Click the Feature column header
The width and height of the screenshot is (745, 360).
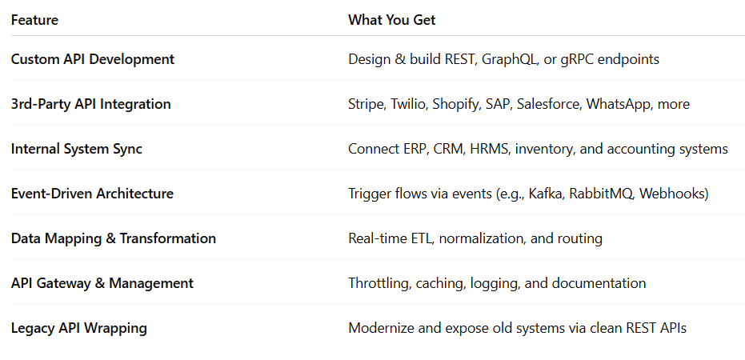click(x=34, y=20)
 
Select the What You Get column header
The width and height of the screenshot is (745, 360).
click(x=391, y=20)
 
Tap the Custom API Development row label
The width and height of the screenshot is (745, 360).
click(x=93, y=59)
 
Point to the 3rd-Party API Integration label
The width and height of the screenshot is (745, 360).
click(x=90, y=104)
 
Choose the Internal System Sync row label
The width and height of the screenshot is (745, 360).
click(x=77, y=149)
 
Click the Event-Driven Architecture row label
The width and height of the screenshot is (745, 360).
click(x=92, y=194)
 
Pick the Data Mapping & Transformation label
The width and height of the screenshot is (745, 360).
click(x=114, y=238)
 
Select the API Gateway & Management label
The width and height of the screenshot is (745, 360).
click(x=102, y=283)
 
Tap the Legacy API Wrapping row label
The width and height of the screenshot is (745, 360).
click(x=79, y=328)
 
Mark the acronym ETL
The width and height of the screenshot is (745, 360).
click(x=422, y=238)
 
